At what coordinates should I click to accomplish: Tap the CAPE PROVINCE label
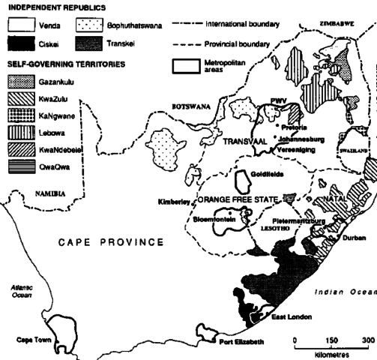pos(111,241)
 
